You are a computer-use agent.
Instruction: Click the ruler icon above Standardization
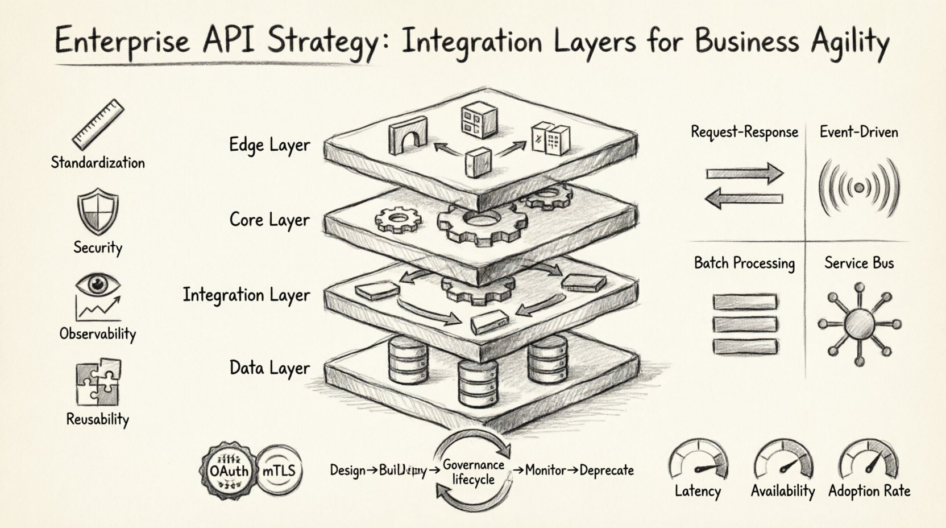tap(98, 125)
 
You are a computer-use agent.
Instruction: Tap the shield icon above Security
tap(98, 212)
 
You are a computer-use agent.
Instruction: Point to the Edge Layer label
tap(269, 145)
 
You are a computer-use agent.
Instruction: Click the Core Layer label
tap(269, 220)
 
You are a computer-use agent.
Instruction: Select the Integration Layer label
tap(246, 295)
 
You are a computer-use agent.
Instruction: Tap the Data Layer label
tap(269, 368)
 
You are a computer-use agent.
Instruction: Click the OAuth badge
tap(229, 471)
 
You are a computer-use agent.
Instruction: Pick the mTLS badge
tap(279, 471)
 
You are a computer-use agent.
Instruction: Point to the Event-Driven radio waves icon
tap(859, 187)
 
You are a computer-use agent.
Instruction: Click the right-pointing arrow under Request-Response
tap(745, 173)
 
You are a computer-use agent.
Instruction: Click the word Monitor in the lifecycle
tap(545, 471)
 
